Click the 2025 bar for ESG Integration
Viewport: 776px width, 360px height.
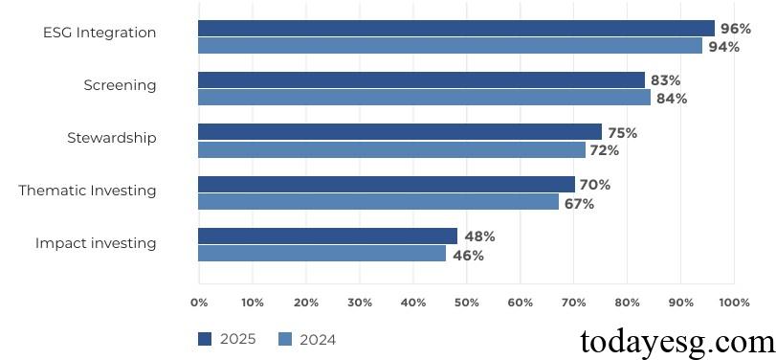click(x=455, y=29)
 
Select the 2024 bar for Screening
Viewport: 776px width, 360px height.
click(x=424, y=98)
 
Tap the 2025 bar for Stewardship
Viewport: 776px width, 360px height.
click(x=400, y=132)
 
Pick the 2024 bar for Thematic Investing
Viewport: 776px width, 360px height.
click(x=378, y=202)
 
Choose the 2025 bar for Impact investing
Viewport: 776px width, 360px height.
click(x=327, y=236)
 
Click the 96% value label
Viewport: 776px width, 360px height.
click(x=736, y=29)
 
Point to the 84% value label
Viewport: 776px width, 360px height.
click(x=672, y=98)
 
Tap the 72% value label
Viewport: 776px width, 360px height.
click(x=604, y=150)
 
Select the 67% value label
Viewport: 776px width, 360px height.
click(x=578, y=203)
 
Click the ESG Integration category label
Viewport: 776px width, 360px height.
click(x=100, y=33)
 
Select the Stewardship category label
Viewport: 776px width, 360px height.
click(x=111, y=138)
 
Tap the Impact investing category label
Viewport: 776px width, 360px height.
click(x=96, y=243)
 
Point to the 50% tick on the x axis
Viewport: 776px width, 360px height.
click(x=466, y=303)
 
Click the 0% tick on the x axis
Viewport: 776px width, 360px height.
click(x=199, y=303)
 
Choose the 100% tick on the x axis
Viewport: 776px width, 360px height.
click(x=734, y=303)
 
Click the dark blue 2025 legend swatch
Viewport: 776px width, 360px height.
click(x=205, y=339)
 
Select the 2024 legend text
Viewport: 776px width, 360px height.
click(x=318, y=339)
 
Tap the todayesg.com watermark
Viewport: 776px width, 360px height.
click(x=678, y=341)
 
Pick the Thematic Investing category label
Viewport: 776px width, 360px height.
click(x=87, y=191)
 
